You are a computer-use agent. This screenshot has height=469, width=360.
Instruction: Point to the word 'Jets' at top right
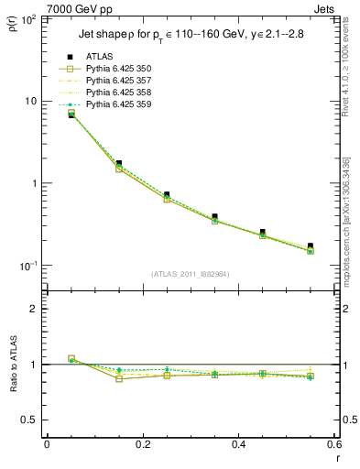point(326,8)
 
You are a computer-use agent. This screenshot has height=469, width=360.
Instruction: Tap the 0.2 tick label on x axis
point(142,444)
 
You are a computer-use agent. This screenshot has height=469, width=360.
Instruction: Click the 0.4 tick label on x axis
point(238,444)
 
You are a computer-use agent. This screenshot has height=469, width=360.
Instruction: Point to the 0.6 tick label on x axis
point(333,444)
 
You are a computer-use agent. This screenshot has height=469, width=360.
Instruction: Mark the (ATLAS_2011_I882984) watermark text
point(191,274)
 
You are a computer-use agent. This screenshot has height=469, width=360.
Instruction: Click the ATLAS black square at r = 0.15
point(119,164)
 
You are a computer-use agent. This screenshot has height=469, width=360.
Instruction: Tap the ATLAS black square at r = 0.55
point(311,246)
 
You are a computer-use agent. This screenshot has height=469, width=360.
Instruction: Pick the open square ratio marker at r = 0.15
point(119,378)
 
